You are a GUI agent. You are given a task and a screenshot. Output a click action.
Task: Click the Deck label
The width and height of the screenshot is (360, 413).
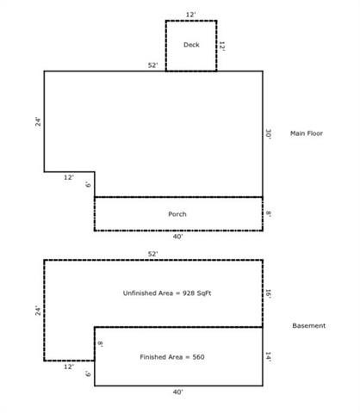click(191, 45)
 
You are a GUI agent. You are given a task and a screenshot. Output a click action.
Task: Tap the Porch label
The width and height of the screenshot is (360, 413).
click(177, 214)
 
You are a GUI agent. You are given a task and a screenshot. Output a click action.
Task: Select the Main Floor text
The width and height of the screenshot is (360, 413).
click(307, 133)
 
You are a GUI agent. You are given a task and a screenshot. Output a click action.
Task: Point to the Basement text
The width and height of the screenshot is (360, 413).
click(309, 325)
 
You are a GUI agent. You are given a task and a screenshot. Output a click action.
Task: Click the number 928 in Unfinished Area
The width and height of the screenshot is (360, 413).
click(188, 293)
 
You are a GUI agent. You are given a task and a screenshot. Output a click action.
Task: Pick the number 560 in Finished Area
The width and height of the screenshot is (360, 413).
click(199, 357)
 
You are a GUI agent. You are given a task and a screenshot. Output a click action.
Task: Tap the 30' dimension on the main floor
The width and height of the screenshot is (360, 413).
click(269, 134)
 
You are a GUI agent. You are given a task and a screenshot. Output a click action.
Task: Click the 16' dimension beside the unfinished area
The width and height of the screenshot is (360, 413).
click(269, 293)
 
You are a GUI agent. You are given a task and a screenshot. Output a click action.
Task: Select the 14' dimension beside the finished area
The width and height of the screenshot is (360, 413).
click(269, 357)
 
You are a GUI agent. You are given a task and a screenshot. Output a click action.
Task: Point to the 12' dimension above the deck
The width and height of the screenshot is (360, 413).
click(190, 15)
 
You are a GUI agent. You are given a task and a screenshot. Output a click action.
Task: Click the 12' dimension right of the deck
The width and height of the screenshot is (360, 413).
click(222, 46)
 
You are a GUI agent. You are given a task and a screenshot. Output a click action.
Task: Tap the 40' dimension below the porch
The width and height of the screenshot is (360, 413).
click(177, 237)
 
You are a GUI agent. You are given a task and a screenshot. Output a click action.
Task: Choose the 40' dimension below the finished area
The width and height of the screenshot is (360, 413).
click(177, 391)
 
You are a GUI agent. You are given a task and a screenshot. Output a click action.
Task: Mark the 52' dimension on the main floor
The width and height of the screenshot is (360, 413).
click(152, 65)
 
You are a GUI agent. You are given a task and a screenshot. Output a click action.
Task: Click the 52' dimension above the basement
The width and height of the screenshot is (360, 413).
click(152, 254)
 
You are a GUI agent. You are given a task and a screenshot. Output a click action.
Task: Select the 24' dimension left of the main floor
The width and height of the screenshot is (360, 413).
click(38, 121)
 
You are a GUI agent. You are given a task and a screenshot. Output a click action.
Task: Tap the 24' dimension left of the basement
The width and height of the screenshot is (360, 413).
click(38, 311)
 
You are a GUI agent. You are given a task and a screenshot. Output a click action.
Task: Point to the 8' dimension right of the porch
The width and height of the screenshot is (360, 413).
click(269, 213)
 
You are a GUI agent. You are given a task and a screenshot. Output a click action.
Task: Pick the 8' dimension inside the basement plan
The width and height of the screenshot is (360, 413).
click(100, 343)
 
